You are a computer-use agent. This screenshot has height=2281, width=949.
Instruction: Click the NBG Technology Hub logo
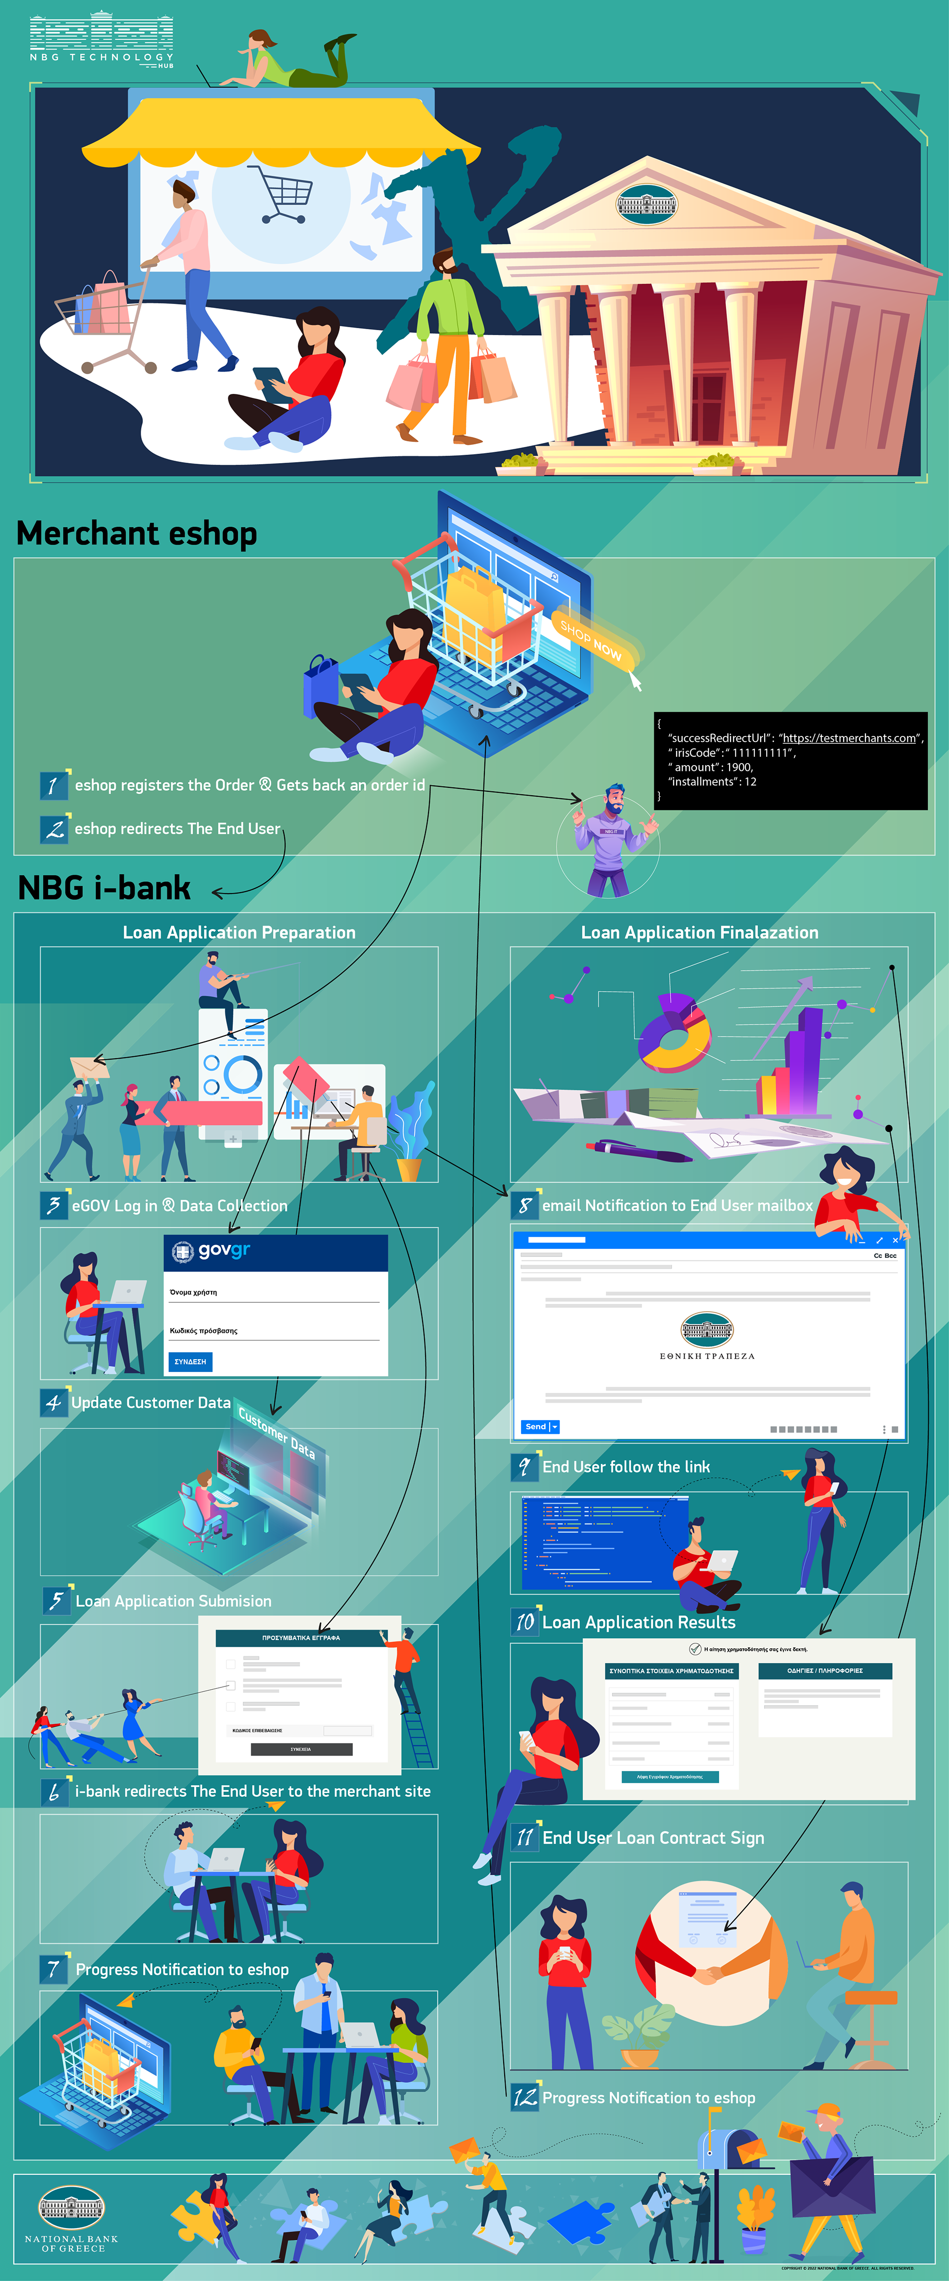tap(101, 40)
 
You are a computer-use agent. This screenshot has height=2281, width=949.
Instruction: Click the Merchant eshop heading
tap(137, 533)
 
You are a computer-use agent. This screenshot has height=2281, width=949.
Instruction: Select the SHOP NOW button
tap(591, 639)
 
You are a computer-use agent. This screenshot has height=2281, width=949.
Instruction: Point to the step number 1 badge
tap(53, 784)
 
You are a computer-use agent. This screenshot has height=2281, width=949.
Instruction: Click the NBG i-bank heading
tap(104, 887)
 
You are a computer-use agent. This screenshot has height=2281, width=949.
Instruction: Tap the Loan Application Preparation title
tap(239, 932)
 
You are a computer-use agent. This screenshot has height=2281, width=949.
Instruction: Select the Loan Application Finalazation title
tap(699, 932)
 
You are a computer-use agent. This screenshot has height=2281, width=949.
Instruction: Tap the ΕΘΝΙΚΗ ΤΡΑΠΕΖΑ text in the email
tap(706, 1356)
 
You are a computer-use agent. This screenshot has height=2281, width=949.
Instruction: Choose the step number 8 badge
tap(524, 1205)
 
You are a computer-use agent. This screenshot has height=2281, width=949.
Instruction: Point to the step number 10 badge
tap(525, 1621)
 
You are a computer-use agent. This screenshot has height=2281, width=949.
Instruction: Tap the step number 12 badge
tap(525, 2097)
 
